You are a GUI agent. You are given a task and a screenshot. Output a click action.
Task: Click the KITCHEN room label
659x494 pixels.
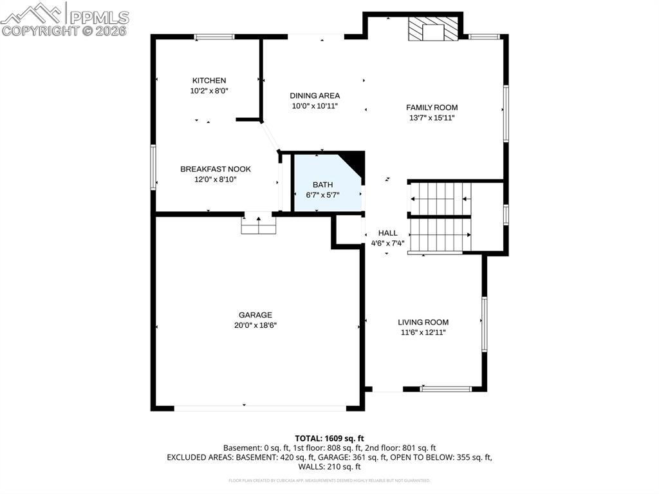click(x=209, y=81)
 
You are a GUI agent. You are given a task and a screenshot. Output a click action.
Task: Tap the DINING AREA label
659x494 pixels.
click(x=315, y=96)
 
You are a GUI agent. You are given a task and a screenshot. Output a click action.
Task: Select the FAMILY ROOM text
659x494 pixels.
click(x=432, y=108)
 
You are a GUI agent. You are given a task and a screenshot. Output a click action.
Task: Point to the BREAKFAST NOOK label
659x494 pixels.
click(x=216, y=169)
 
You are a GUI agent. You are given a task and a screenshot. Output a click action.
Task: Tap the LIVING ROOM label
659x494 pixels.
click(x=423, y=322)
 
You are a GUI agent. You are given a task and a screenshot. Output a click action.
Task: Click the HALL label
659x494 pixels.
click(x=387, y=233)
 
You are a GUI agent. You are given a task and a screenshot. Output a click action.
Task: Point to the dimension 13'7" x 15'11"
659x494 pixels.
click(x=432, y=118)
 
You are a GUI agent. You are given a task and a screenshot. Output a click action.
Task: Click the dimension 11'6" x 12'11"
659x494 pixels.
click(x=422, y=332)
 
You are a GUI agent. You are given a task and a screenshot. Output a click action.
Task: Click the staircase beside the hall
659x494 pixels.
click(x=441, y=218)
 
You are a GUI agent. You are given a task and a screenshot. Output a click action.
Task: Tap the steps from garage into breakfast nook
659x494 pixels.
click(x=259, y=225)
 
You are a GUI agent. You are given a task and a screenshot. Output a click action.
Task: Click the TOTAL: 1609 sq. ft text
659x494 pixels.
click(x=329, y=439)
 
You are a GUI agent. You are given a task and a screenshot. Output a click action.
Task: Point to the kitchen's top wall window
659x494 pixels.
click(x=214, y=37)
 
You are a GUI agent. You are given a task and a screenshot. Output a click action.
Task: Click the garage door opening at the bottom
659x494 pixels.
click(x=260, y=408)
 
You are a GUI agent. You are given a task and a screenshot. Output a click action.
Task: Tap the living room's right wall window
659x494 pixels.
click(x=484, y=324)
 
